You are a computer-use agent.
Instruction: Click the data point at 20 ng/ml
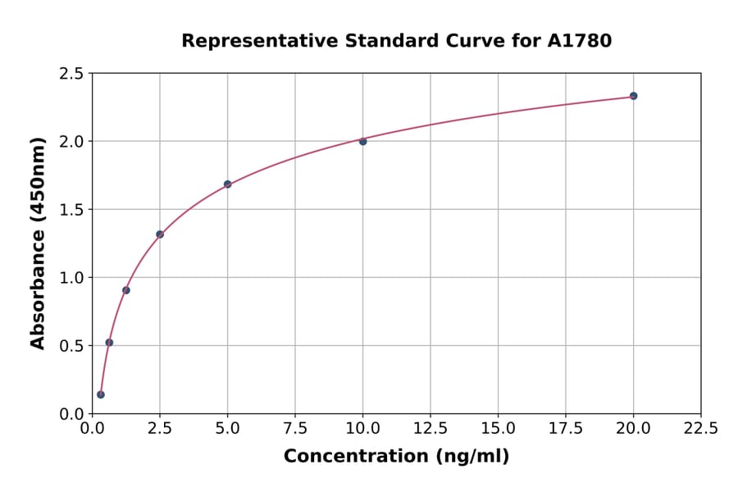coord(633,96)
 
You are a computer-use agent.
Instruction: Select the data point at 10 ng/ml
coord(362,141)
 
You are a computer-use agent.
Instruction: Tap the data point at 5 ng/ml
coord(227,184)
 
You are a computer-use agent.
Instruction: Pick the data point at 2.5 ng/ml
coord(160,234)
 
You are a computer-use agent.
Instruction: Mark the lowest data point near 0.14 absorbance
coord(101,394)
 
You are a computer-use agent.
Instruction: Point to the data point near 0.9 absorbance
coord(126,290)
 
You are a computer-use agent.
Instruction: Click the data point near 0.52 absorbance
coord(109,343)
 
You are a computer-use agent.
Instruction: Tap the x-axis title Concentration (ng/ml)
coord(396,457)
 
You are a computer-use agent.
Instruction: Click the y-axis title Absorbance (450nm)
coord(38,243)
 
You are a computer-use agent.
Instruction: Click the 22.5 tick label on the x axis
coord(700,429)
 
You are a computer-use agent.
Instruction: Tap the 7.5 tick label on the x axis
coord(295,429)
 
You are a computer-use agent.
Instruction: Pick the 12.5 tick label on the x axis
coord(430,429)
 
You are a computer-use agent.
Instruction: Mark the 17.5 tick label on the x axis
coord(566,429)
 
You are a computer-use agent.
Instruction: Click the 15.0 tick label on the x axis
coord(498,429)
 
